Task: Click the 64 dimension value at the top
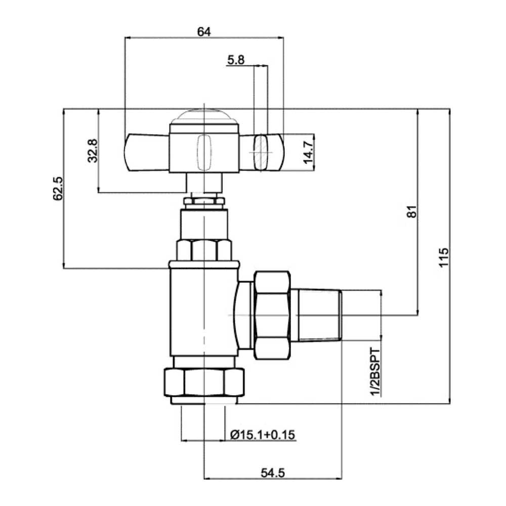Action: click(x=203, y=31)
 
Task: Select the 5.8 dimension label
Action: click(x=236, y=60)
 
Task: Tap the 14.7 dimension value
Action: click(x=308, y=151)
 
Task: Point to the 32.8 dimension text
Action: click(x=92, y=151)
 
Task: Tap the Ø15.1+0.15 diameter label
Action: click(x=263, y=435)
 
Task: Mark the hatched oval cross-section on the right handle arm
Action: click(x=260, y=151)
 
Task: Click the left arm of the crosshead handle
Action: click(x=147, y=151)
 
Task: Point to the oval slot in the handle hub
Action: click(x=203, y=151)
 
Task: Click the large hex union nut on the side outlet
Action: click(x=272, y=315)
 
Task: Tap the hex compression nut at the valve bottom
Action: click(x=203, y=383)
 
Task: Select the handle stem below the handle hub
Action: click(x=203, y=183)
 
